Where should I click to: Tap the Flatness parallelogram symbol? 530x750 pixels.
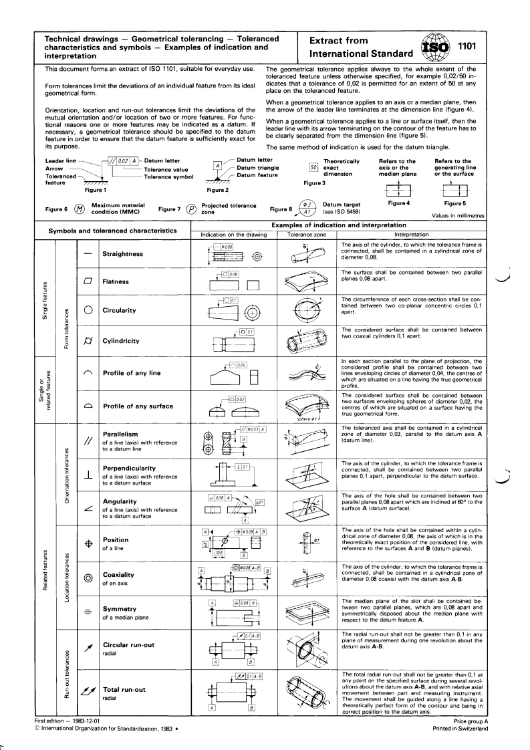88,282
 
